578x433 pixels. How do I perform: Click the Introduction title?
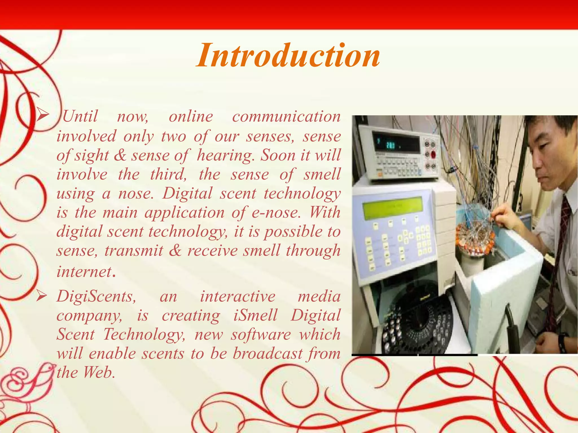click(288, 56)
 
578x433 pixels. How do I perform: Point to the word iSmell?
click(255, 315)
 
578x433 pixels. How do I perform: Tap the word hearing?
click(224, 155)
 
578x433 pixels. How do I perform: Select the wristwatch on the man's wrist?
click(562, 343)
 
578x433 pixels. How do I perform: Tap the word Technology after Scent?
click(144, 335)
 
